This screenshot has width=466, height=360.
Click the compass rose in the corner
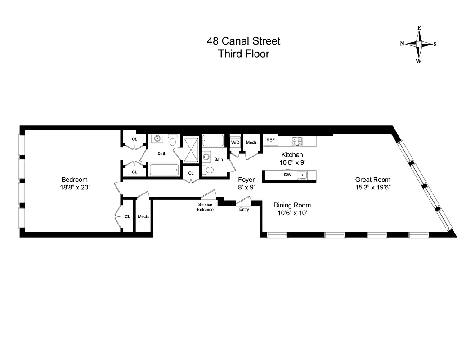[x=418, y=44]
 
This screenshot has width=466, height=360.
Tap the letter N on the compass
[x=402, y=44]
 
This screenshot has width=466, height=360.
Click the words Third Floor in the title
[x=243, y=54]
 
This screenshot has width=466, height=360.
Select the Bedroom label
[x=75, y=180]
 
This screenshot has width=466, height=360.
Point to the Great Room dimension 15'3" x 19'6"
[x=372, y=188]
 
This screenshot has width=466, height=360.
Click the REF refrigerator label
[x=270, y=140]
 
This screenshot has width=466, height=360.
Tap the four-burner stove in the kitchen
[x=297, y=142]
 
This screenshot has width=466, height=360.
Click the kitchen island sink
[x=303, y=175]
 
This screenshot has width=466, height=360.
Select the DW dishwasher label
[x=287, y=175]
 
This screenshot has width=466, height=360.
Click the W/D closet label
[x=235, y=142]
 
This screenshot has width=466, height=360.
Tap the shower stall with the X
[x=191, y=148]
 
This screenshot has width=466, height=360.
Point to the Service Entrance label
[x=206, y=207]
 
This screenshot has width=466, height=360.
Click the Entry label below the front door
[x=244, y=209]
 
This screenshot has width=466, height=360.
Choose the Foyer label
[x=246, y=180]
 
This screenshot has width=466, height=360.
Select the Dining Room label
[x=292, y=205]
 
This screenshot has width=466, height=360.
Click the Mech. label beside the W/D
[x=251, y=142]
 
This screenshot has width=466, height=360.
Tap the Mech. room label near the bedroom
[x=143, y=216]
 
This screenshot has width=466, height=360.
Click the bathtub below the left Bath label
[x=164, y=171]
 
